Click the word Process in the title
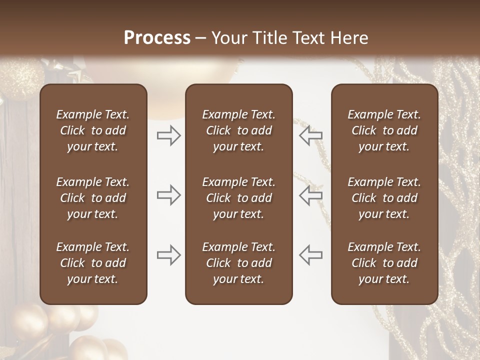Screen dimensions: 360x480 point(157,38)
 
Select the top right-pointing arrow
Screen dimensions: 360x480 point(169,135)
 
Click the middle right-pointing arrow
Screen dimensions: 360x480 point(169,195)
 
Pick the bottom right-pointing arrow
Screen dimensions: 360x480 point(169,255)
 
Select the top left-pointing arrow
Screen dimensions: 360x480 point(311,135)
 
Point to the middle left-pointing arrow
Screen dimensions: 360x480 point(311,195)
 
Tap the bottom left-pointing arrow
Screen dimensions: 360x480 point(311,255)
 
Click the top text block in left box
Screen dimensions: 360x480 point(93,130)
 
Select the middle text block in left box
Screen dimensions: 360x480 point(93,198)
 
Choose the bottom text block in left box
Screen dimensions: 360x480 point(93,263)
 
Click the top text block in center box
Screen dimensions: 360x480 point(238,130)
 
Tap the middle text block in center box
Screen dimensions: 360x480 point(238,198)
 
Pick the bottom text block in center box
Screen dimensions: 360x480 point(238,263)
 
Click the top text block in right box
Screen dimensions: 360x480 point(384,130)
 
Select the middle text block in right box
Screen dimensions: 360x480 point(384,198)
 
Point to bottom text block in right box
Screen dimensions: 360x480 point(384,263)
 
